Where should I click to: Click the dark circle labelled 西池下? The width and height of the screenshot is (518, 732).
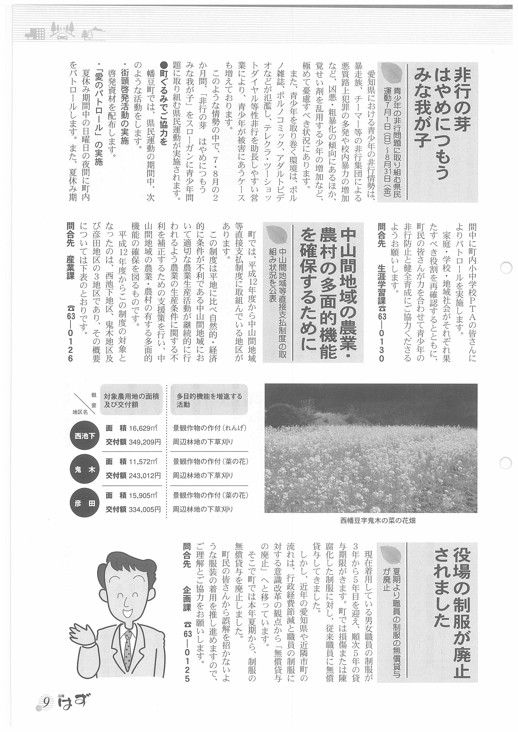click(85, 435)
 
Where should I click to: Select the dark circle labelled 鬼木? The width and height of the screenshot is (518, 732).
click(85, 469)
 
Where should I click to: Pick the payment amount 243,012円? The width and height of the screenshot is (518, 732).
click(145, 476)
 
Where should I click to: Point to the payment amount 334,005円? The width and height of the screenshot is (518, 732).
click(145, 510)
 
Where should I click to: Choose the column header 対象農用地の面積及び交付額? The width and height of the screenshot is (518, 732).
click(131, 400)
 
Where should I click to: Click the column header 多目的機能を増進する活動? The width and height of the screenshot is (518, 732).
click(209, 400)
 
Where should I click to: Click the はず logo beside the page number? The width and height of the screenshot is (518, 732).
click(72, 702)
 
